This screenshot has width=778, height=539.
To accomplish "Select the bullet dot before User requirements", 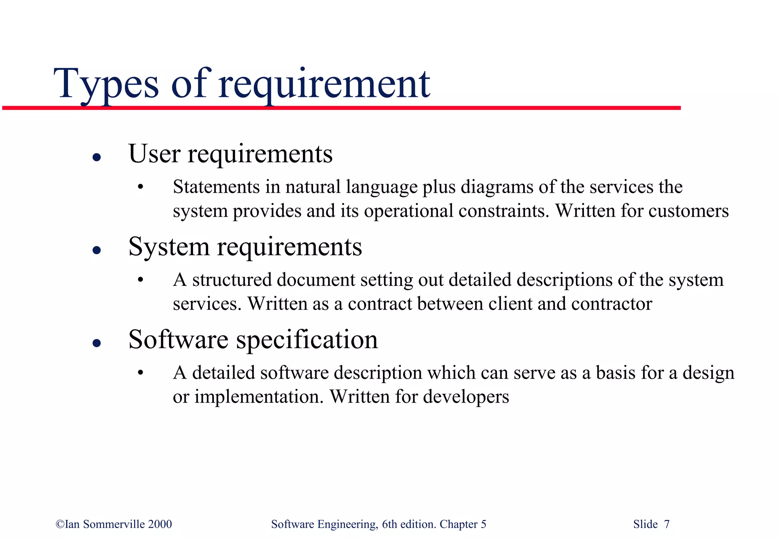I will point(97,157).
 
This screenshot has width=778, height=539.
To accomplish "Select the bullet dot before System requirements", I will point(97,250).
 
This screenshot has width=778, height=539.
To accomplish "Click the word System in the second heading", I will point(169,247).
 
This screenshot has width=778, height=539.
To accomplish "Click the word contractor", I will point(611,304).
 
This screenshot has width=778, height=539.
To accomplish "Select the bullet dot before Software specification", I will point(97,343).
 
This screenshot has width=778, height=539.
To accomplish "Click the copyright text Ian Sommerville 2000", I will point(114,524).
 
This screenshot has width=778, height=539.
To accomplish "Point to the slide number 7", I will point(667,524).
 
